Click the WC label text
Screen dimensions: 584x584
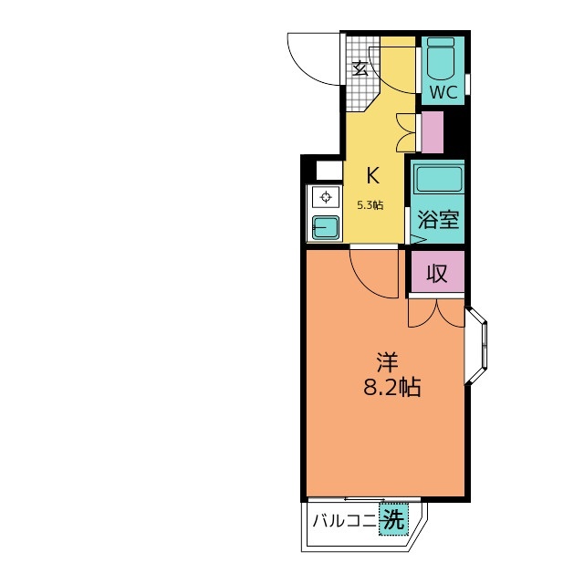tap(443, 92)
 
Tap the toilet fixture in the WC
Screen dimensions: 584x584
tap(440, 57)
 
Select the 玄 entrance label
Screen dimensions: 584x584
tap(361, 68)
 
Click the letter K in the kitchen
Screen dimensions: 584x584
tap(373, 175)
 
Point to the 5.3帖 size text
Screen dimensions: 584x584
tap(370, 204)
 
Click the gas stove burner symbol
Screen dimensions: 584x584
tap(326, 197)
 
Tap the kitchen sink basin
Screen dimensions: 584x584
tap(326, 227)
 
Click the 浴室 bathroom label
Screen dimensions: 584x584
tap(438, 219)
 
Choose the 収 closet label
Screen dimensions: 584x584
tap(437, 274)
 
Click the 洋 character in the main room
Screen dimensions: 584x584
tap(387, 362)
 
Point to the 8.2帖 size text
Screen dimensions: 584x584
tap(391, 387)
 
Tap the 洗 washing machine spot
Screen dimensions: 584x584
tap(393, 519)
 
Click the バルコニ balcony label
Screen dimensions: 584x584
tap(345, 521)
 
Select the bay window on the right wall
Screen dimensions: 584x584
tap(475, 346)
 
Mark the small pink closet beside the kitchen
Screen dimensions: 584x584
tap(432, 132)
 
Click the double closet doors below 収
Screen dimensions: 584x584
tap(436, 314)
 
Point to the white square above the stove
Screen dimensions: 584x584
tap(329, 171)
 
